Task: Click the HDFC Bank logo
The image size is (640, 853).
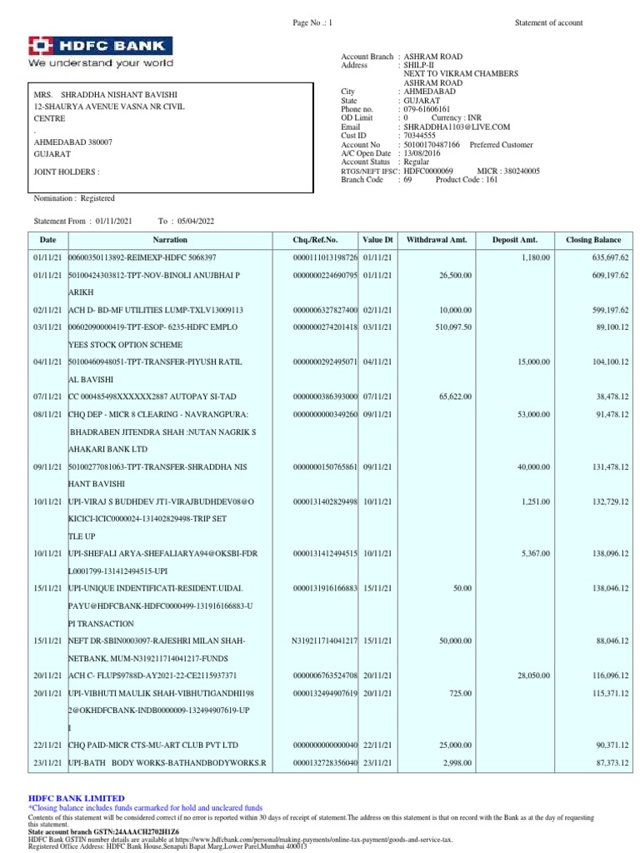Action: tap(101, 46)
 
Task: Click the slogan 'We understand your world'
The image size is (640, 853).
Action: tap(101, 63)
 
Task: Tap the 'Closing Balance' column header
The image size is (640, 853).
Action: tap(594, 240)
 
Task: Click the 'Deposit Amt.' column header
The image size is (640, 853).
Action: tap(516, 240)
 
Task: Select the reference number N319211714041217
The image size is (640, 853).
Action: tap(324, 641)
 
